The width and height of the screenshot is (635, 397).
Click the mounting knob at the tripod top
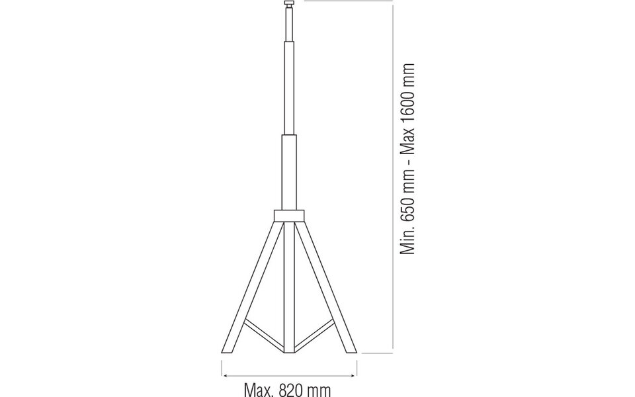[288, 5]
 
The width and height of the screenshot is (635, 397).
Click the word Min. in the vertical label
[407, 241]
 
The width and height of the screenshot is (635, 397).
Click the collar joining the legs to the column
[288, 216]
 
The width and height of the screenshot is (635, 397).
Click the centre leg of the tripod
[288, 285]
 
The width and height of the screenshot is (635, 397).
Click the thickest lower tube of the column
[288, 172]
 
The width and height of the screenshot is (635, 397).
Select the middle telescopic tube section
[288, 86]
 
